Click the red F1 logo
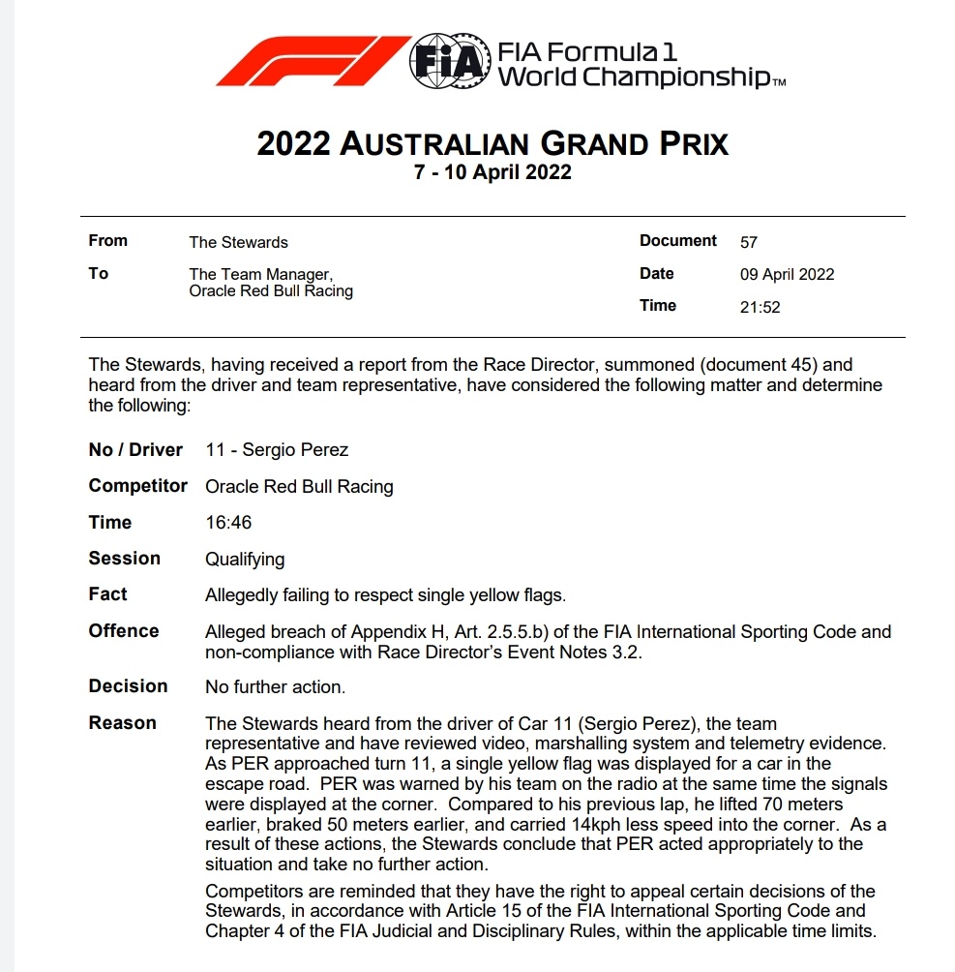tap(311, 61)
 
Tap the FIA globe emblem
tap(448, 61)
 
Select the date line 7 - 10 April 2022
tap(492, 173)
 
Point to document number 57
tap(748, 242)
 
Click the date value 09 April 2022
tap(787, 274)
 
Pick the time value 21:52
tap(760, 307)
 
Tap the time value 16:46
tap(228, 523)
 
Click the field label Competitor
tap(137, 486)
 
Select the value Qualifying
tap(245, 559)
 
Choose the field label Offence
tap(123, 631)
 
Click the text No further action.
tap(275, 687)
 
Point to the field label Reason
tap(122, 723)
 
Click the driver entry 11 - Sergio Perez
tap(277, 450)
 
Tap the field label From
tap(107, 241)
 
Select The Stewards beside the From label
tap(238, 242)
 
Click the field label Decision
tap(128, 686)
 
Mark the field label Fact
tap(107, 594)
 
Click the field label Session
tap(124, 559)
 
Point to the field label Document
tap(677, 241)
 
